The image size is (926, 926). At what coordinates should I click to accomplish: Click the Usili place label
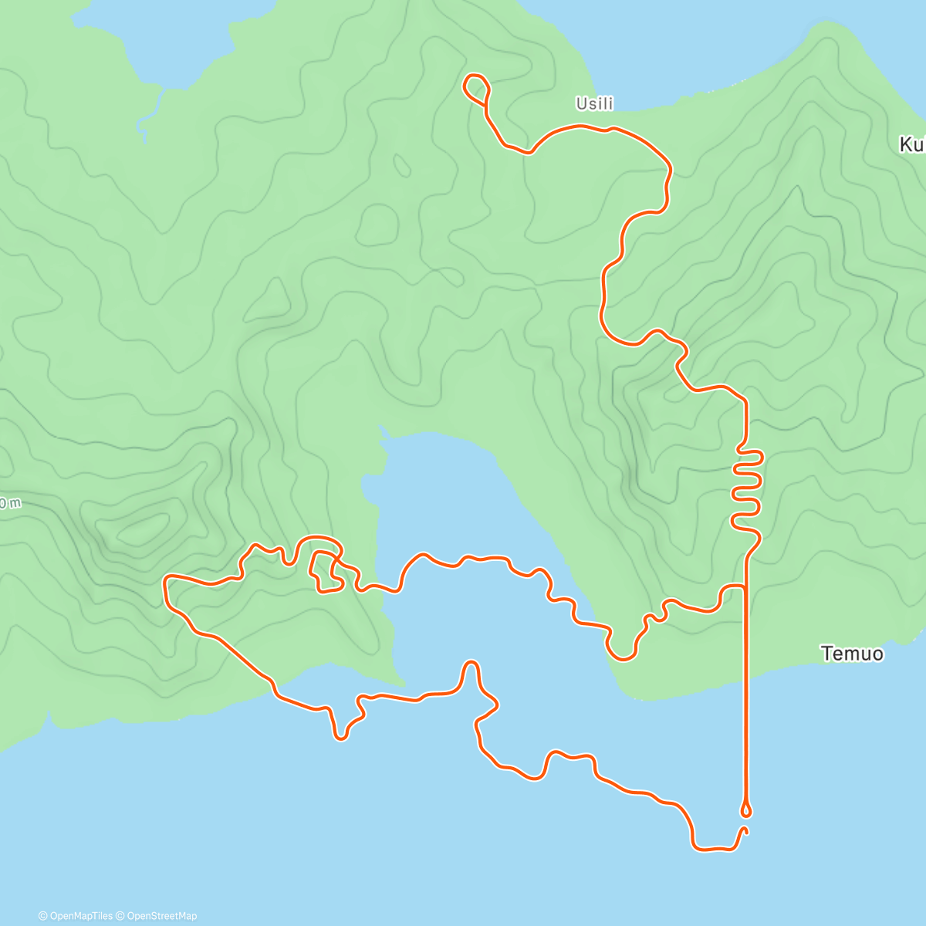pyautogui.click(x=594, y=103)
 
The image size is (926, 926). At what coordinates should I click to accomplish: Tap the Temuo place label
pyautogui.click(x=852, y=654)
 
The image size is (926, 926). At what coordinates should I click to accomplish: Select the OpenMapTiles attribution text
pyautogui.click(x=76, y=916)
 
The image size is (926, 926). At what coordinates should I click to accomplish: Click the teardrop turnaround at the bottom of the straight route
pyautogui.click(x=745, y=809)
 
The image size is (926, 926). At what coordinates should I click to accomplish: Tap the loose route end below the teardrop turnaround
pyautogui.click(x=745, y=830)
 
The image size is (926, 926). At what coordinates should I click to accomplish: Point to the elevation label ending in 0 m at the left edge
pyautogui.click(x=10, y=503)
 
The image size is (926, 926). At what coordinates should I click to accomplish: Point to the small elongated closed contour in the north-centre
pyautogui.click(x=402, y=164)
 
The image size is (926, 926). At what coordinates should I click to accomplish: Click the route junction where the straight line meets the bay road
pyautogui.click(x=745, y=587)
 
